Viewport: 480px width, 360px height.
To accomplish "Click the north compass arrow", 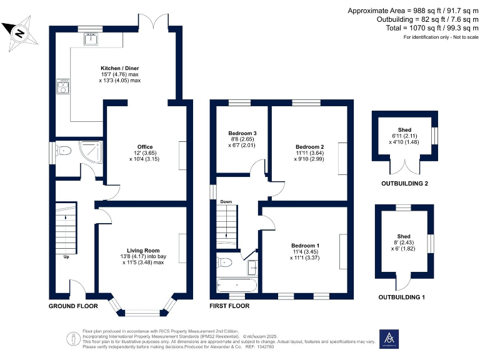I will (19, 34).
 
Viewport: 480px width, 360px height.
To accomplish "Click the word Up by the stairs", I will (66, 256).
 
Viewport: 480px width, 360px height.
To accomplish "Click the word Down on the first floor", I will (225, 202).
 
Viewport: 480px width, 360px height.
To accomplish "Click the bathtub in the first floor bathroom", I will (236, 285).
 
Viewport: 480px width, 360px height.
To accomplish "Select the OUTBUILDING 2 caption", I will (404, 184).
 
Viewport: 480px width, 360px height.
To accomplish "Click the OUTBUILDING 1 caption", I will (401, 297).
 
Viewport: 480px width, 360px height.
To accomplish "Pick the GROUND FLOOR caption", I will (73, 306).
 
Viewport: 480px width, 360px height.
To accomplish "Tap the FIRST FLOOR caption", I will (229, 306).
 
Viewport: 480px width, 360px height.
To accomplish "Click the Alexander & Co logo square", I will (389, 337).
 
